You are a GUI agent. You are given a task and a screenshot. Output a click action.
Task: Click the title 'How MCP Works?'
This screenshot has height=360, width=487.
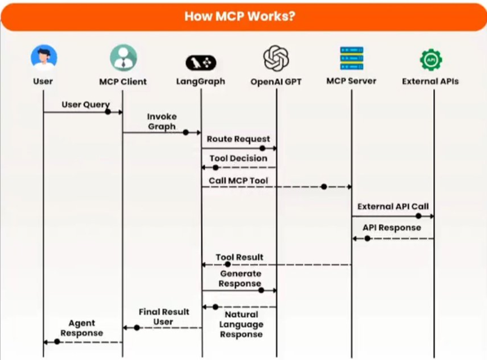[239, 16]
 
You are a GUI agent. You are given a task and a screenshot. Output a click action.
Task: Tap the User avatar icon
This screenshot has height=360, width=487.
[44, 58]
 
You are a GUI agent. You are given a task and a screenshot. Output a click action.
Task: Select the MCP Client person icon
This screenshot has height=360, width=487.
[123, 58]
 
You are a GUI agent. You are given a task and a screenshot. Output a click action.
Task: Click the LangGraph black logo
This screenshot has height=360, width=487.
[201, 63]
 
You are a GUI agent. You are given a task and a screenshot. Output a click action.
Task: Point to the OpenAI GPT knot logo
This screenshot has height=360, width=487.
[276, 58]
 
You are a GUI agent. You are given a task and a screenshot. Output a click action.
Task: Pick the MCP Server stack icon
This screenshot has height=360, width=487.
[352, 58]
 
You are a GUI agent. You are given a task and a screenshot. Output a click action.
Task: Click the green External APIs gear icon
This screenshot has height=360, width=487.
[431, 60]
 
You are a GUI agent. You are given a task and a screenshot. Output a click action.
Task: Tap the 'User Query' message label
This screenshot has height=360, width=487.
[86, 105]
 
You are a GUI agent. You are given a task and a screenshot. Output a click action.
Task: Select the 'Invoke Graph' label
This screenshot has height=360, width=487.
[162, 121]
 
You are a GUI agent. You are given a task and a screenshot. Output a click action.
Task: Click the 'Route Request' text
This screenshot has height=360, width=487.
[238, 139]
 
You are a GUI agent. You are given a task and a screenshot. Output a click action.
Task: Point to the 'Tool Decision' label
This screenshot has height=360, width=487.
[238, 158]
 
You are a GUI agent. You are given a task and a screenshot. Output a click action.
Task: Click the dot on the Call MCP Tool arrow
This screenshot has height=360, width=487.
[324, 187]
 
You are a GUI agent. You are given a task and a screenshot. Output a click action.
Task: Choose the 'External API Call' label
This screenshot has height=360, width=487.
[393, 207]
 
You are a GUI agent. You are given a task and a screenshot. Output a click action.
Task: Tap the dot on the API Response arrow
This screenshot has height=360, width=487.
[368, 239]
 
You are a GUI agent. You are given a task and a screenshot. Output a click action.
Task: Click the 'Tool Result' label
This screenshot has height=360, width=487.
[239, 257]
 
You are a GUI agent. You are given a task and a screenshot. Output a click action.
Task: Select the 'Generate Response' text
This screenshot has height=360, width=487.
[240, 279]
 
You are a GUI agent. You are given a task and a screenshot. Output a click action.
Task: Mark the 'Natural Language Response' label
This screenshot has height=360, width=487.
[241, 325]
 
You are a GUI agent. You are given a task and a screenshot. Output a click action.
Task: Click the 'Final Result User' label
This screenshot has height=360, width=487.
[164, 317]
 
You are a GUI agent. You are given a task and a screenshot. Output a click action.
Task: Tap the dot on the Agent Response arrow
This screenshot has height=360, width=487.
[57, 342]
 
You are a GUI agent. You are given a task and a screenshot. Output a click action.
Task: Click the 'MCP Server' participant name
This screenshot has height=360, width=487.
[351, 81]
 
